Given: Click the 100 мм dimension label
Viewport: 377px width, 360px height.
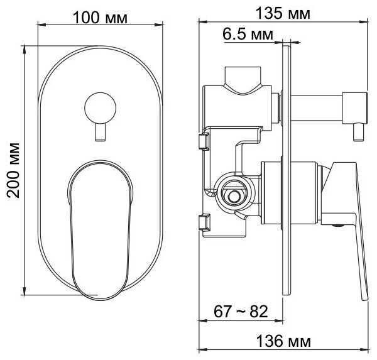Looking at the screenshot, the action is click(x=100, y=18).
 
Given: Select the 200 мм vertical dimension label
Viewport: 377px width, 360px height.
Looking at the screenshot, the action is click(x=13, y=170).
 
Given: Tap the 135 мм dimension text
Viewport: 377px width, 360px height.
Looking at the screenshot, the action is click(x=283, y=13).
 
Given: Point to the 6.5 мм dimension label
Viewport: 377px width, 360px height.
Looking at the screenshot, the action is click(x=248, y=34).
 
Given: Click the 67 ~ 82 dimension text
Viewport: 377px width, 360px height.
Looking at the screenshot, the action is click(x=241, y=312).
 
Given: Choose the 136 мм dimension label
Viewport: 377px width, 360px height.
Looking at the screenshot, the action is click(x=283, y=341).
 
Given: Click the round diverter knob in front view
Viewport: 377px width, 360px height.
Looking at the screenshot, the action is click(x=101, y=108).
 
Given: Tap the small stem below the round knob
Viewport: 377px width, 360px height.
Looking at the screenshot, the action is click(x=101, y=132).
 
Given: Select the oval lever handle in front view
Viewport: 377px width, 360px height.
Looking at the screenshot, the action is click(x=101, y=231).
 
